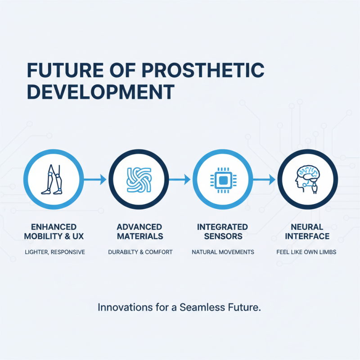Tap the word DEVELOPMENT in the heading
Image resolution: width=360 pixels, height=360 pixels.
point(100,91)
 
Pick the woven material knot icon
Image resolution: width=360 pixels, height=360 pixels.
point(138,179)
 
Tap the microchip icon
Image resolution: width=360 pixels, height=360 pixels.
point(222,180)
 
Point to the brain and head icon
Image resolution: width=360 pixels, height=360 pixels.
point(307,179)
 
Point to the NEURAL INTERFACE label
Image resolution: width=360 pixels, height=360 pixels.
point(306,231)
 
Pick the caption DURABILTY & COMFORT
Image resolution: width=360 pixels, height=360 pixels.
point(140,252)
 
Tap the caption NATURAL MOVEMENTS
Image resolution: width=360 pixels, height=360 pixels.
point(223,252)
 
